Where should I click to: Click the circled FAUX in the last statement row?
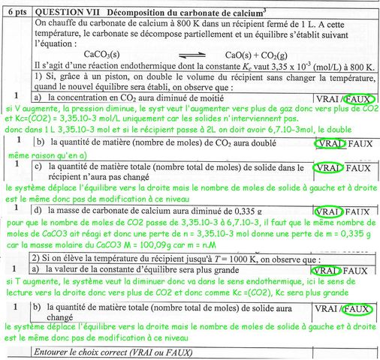[358, 308]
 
